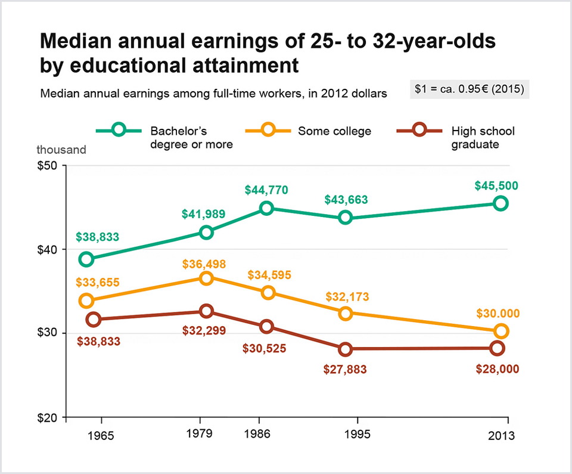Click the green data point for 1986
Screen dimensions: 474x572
pyautogui.click(x=266, y=208)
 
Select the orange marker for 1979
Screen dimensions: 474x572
pyautogui.click(x=206, y=278)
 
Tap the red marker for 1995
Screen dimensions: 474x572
pyautogui.click(x=345, y=349)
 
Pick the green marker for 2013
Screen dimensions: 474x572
pyautogui.click(x=500, y=203)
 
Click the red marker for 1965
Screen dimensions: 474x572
pyautogui.click(x=93, y=320)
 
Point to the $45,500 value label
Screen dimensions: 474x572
pyautogui.click(x=496, y=185)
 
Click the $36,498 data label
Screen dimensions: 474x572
pyautogui.click(x=204, y=264)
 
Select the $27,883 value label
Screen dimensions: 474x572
pyautogui.click(x=345, y=369)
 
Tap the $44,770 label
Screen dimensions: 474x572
pyautogui.click(x=266, y=190)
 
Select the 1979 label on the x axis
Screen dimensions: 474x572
pyautogui.click(x=200, y=433)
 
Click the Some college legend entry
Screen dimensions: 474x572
pyautogui.click(x=334, y=131)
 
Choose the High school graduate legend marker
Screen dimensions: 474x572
pyautogui.click(x=420, y=131)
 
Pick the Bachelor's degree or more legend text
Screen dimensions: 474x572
pyautogui.click(x=191, y=137)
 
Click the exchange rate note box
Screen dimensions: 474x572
pyautogui.click(x=470, y=90)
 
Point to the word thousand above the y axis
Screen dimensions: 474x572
pyautogui.click(x=61, y=150)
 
